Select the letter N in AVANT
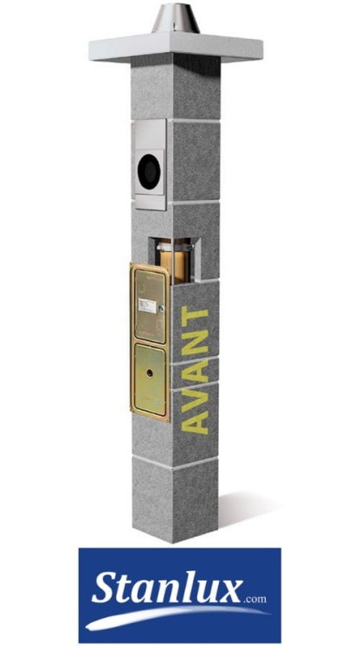[199, 348]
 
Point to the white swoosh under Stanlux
[173, 617]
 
